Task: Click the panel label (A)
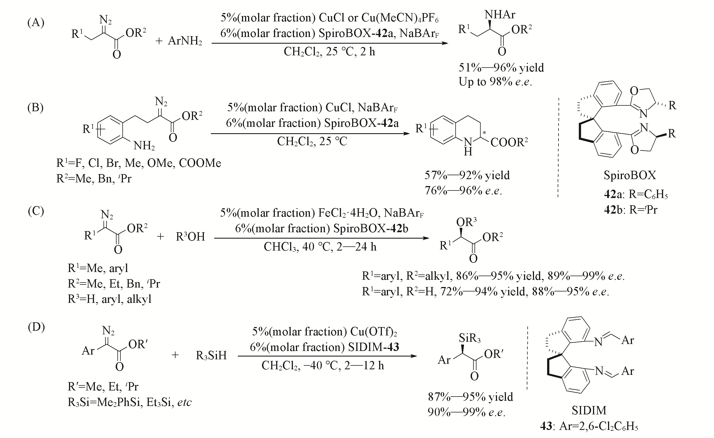[x=36, y=23]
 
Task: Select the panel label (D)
[x=36, y=327]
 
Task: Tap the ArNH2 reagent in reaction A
[x=185, y=41]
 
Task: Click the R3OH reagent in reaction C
[x=190, y=237]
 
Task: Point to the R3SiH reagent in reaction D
[x=211, y=355]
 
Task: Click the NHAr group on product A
[x=500, y=14]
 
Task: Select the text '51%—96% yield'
[x=501, y=68]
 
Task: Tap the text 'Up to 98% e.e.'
[x=495, y=82]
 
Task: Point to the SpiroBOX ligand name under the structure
[x=630, y=175]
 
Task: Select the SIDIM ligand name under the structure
[x=589, y=410]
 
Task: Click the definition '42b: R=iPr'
[x=631, y=209]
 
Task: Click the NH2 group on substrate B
[x=144, y=145]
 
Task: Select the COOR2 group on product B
[x=509, y=142]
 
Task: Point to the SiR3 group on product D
[x=470, y=338]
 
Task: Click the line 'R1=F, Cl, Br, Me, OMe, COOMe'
[x=139, y=163]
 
